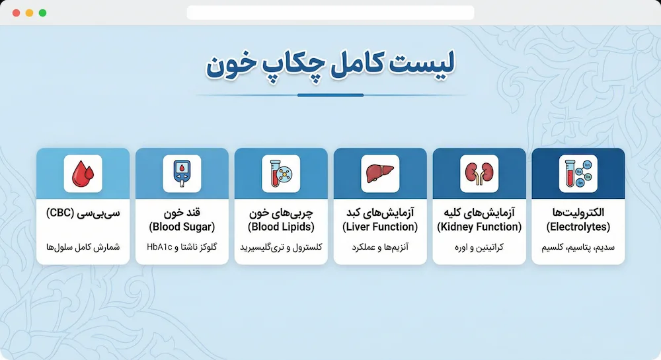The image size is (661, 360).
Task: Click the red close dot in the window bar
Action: click(x=17, y=13)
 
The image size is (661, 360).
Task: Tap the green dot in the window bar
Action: click(x=42, y=13)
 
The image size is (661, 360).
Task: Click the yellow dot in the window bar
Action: click(x=29, y=13)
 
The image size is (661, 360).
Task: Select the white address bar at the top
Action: click(x=330, y=13)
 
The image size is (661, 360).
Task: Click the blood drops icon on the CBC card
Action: click(x=83, y=174)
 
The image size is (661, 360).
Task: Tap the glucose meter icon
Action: click(x=182, y=174)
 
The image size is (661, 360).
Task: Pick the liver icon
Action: click(x=380, y=174)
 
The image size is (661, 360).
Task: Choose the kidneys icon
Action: click(x=479, y=174)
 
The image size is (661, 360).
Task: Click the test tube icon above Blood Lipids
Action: click(x=281, y=174)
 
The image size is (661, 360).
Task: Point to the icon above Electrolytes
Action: click(x=578, y=174)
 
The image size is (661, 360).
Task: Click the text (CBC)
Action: click(x=59, y=213)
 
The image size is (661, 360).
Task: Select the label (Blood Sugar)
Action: click(x=182, y=227)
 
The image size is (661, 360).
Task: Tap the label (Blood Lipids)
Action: click(x=281, y=227)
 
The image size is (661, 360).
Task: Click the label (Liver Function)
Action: click(x=380, y=227)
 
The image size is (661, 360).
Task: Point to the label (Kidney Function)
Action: click(x=479, y=227)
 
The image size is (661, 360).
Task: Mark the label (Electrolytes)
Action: click(x=578, y=227)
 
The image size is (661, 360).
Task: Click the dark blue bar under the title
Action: click(x=330, y=95)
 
